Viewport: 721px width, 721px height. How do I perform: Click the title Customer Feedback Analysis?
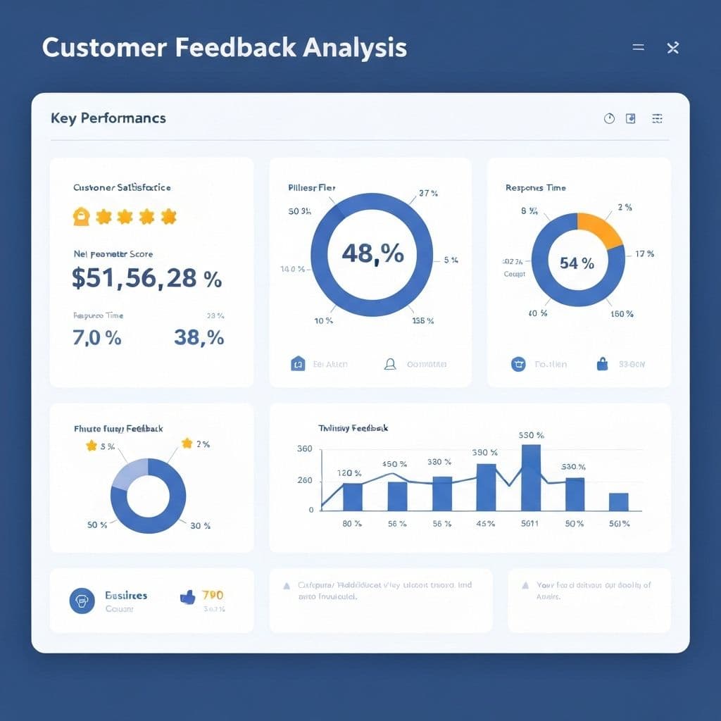click(224, 47)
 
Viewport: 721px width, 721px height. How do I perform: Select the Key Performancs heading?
click(108, 118)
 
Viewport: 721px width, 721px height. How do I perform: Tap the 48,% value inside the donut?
click(372, 253)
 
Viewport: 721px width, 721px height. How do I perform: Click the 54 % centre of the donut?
click(577, 263)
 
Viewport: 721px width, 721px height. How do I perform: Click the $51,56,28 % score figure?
click(146, 278)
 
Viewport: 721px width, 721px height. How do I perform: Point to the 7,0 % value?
click(97, 338)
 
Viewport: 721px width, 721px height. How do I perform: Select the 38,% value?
click(199, 338)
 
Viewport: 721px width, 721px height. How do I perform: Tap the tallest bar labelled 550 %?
click(531, 477)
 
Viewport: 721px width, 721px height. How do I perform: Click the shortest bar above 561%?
click(618, 501)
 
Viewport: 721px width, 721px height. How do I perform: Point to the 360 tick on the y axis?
click(305, 449)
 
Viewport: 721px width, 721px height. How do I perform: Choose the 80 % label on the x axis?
click(352, 524)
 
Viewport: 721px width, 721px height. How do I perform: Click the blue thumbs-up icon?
click(187, 597)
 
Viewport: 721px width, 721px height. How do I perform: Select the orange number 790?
click(213, 596)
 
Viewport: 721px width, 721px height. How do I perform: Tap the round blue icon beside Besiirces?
click(82, 601)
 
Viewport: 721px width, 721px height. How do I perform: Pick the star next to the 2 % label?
click(187, 443)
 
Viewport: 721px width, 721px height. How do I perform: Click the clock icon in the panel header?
click(610, 118)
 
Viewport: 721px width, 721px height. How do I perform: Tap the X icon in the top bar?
click(672, 48)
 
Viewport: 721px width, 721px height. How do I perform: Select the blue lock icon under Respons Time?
click(602, 364)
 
